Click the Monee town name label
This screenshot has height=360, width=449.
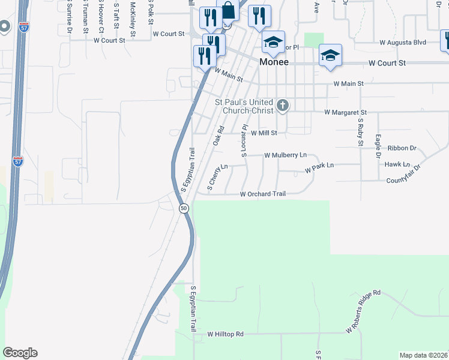click(x=274, y=62)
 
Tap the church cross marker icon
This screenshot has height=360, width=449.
click(x=283, y=107)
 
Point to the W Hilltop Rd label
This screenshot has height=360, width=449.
click(x=226, y=334)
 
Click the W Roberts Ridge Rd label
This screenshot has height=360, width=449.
click(x=363, y=312)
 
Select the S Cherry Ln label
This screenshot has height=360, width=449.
click(x=217, y=177)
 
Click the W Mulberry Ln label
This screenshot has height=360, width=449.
click(x=287, y=155)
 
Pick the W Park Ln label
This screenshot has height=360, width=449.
click(x=319, y=167)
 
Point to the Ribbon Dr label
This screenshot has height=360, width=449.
click(x=402, y=148)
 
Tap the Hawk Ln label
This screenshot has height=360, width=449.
click(x=397, y=164)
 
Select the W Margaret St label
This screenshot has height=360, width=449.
click(x=345, y=112)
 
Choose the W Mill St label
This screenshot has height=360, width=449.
click(x=264, y=133)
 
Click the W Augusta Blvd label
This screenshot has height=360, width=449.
click(x=403, y=43)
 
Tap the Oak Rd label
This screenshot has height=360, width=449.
click(x=218, y=135)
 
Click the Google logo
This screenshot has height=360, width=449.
click(x=20, y=353)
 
